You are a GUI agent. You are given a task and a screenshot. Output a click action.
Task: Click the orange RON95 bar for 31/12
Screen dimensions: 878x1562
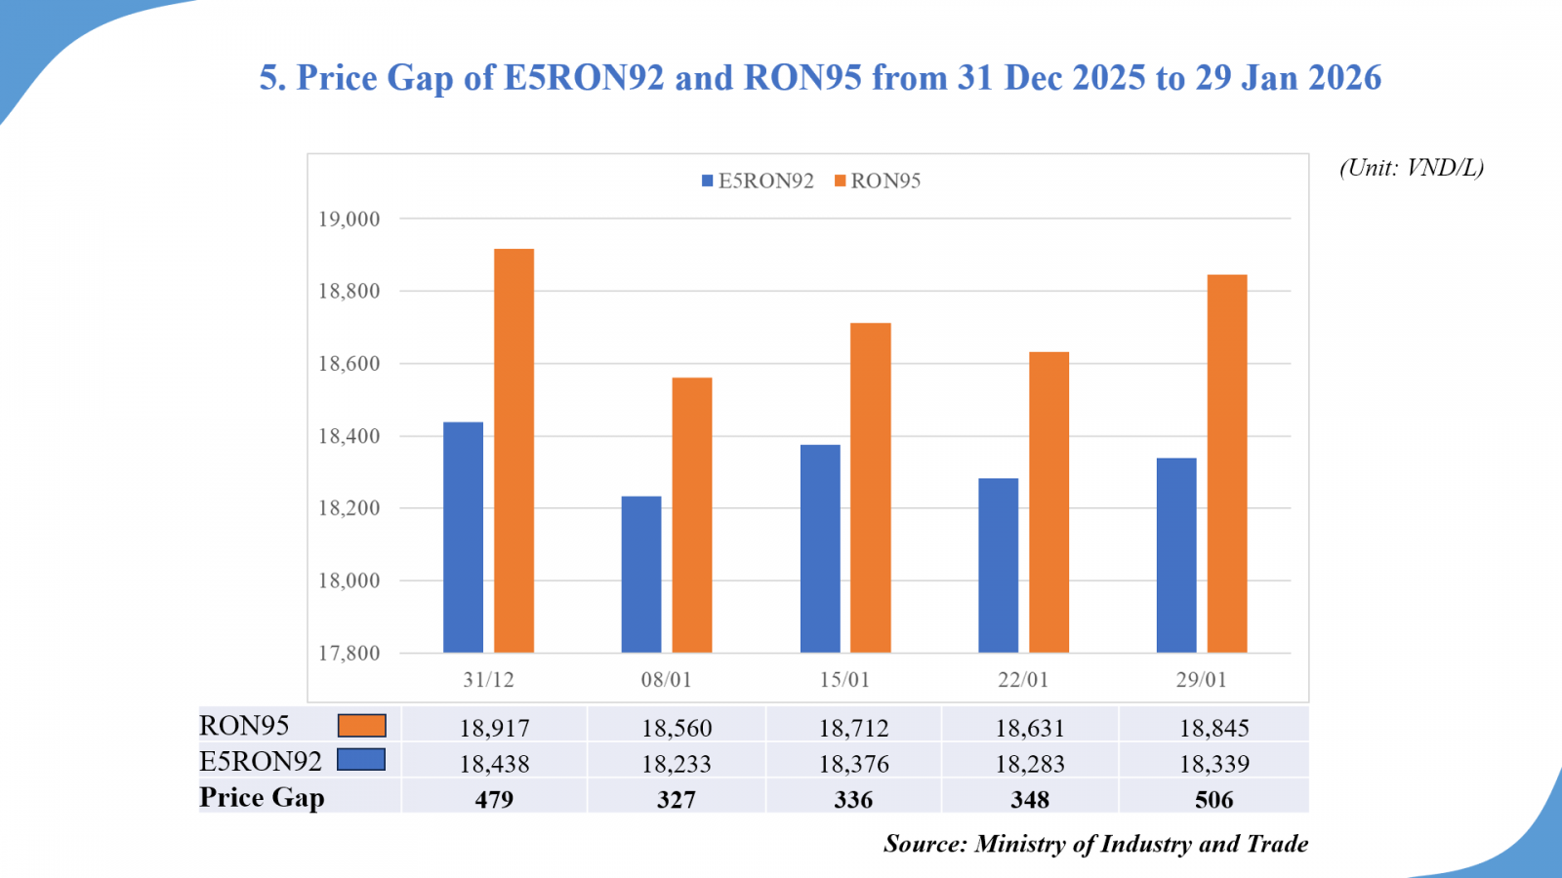[514, 451]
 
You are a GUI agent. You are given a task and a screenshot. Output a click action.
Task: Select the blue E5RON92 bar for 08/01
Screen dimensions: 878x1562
[641, 575]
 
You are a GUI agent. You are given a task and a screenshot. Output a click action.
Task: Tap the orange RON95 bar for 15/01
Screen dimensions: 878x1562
[870, 488]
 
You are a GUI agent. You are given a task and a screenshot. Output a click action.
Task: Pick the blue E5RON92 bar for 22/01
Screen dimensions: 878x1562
[998, 566]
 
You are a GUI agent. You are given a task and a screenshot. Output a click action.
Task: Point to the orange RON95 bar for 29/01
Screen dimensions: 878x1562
[1227, 463]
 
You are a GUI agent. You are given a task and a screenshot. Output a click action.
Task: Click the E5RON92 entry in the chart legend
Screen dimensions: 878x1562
[758, 180]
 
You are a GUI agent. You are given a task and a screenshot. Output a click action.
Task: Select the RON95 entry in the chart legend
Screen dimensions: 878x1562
[878, 180]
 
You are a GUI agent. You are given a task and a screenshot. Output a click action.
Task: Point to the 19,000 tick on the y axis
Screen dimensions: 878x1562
[349, 219]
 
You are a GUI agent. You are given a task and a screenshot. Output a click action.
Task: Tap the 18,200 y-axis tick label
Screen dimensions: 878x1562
[349, 508]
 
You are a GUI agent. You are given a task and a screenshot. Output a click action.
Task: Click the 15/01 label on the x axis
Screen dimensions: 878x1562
[844, 680]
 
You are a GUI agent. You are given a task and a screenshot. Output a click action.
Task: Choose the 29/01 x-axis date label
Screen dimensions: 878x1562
[1201, 680]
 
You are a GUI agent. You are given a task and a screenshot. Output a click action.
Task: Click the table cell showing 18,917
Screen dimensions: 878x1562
[495, 728]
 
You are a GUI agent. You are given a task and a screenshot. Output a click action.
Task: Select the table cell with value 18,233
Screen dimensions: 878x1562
[677, 764]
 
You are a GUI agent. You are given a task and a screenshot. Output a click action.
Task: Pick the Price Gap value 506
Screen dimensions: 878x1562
[1213, 800]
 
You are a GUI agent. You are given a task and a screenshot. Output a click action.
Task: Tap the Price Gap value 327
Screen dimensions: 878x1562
[677, 800]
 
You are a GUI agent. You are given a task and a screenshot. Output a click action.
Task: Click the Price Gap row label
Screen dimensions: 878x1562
[262, 798]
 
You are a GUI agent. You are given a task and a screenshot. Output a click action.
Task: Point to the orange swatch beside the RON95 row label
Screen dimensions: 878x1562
[361, 726]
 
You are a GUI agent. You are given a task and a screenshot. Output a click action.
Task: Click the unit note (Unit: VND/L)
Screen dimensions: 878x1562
[1412, 168]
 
